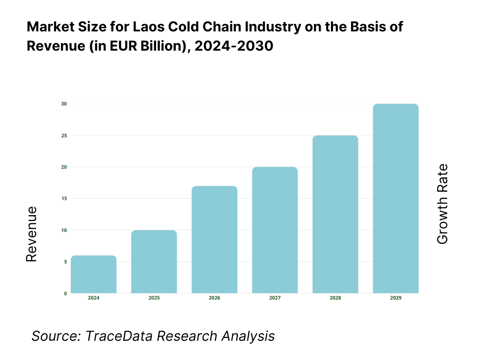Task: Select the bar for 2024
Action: tap(94, 274)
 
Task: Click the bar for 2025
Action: tap(154, 262)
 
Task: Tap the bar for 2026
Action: tap(215, 240)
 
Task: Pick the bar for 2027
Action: tap(275, 230)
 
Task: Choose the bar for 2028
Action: tap(335, 214)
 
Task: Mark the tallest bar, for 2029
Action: tap(396, 199)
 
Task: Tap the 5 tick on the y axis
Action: tap(65, 262)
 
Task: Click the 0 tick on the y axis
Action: tap(65, 293)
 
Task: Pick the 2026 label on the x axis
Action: tap(215, 298)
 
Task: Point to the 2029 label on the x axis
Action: tap(396, 298)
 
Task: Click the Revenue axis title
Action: tap(31, 234)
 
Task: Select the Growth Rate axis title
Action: tap(442, 204)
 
